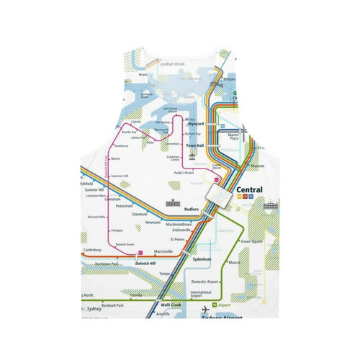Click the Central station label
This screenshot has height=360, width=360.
tap(249, 192)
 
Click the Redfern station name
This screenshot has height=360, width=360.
tap(191, 210)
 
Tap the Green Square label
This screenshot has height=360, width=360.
tap(251, 242)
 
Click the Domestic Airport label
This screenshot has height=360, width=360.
tap(204, 281)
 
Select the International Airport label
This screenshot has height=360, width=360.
tap(201, 294)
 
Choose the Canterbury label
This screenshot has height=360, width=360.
tap(91, 251)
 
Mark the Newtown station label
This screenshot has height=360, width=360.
tap(153, 222)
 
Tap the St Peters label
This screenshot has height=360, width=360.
tap(177, 238)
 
